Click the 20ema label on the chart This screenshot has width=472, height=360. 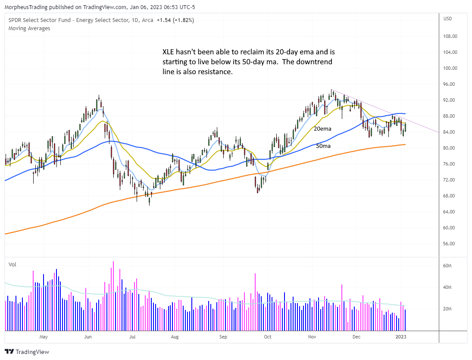click(x=323, y=128)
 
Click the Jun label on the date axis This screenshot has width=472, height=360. click(x=88, y=336)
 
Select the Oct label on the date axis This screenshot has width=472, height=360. click(x=268, y=336)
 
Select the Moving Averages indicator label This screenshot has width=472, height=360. click(x=29, y=28)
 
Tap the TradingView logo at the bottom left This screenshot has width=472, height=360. click(x=27, y=351)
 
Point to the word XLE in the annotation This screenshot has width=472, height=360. click(x=169, y=52)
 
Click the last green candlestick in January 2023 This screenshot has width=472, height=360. click(x=405, y=127)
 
